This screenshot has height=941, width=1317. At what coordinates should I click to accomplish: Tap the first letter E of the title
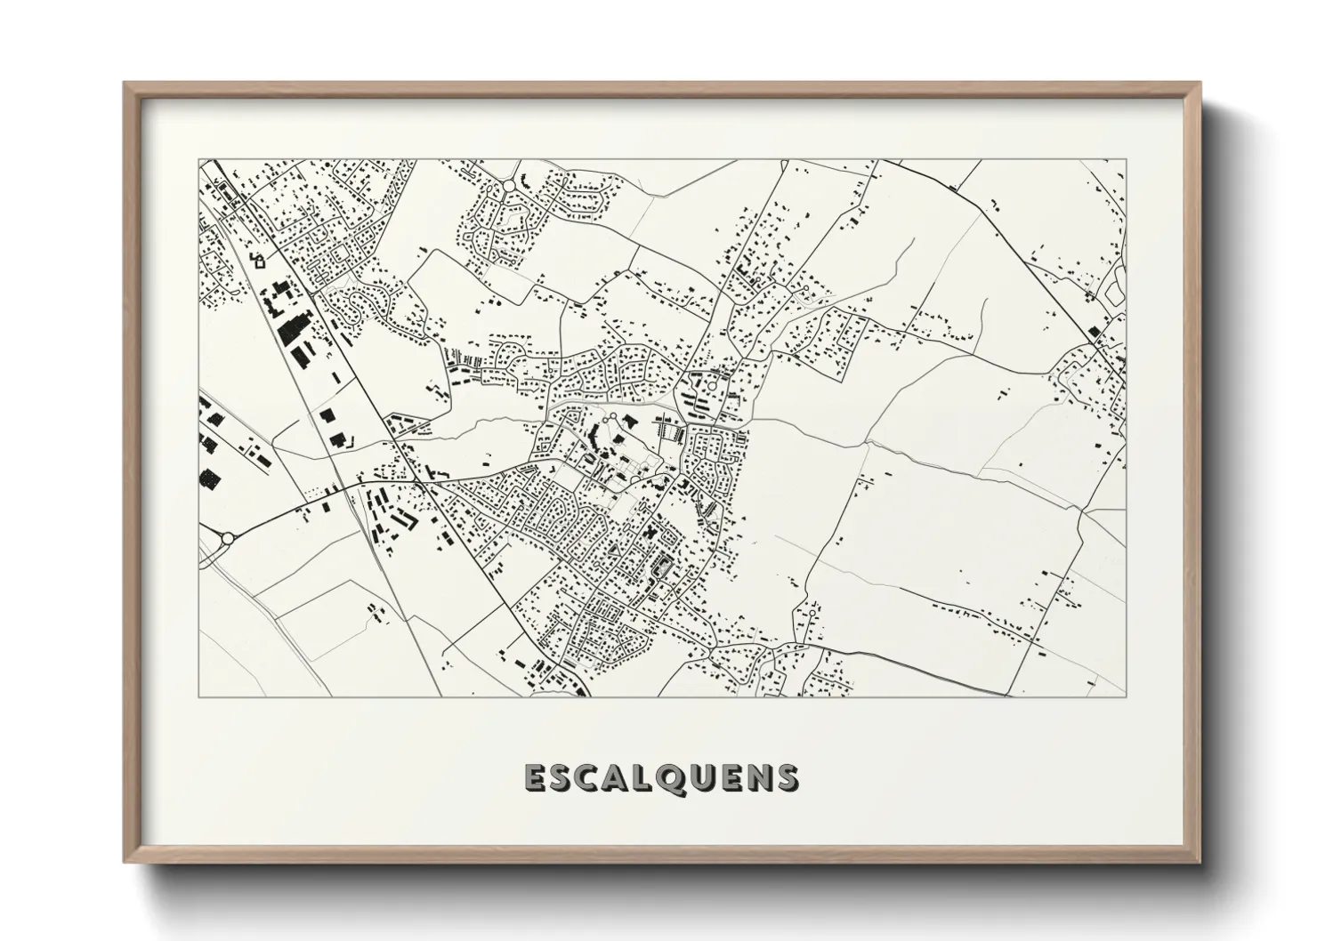tap(536, 778)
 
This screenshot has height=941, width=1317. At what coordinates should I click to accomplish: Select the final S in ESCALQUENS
tap(788, 778)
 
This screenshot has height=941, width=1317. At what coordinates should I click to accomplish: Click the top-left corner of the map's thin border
tap(199, 160)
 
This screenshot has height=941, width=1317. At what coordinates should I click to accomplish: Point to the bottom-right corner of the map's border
tap(1126, 696)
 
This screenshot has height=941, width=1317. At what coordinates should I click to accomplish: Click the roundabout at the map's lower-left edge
tap(227, 538)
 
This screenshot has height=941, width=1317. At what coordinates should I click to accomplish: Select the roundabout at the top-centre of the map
tap(507, 186)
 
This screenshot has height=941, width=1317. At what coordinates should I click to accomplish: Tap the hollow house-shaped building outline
tap(259, 261)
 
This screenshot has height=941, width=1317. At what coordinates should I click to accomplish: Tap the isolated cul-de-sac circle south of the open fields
tap(812, 612)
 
